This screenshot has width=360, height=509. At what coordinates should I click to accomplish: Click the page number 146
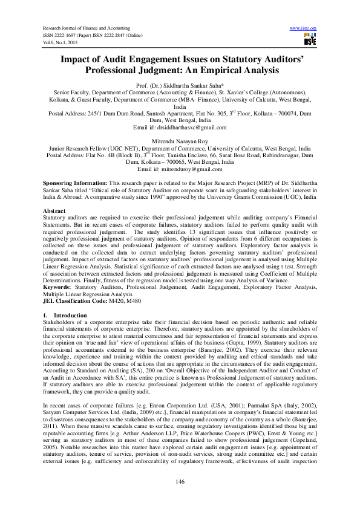coord(180,481)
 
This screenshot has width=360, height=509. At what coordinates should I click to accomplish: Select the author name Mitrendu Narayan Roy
coord(180,140)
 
